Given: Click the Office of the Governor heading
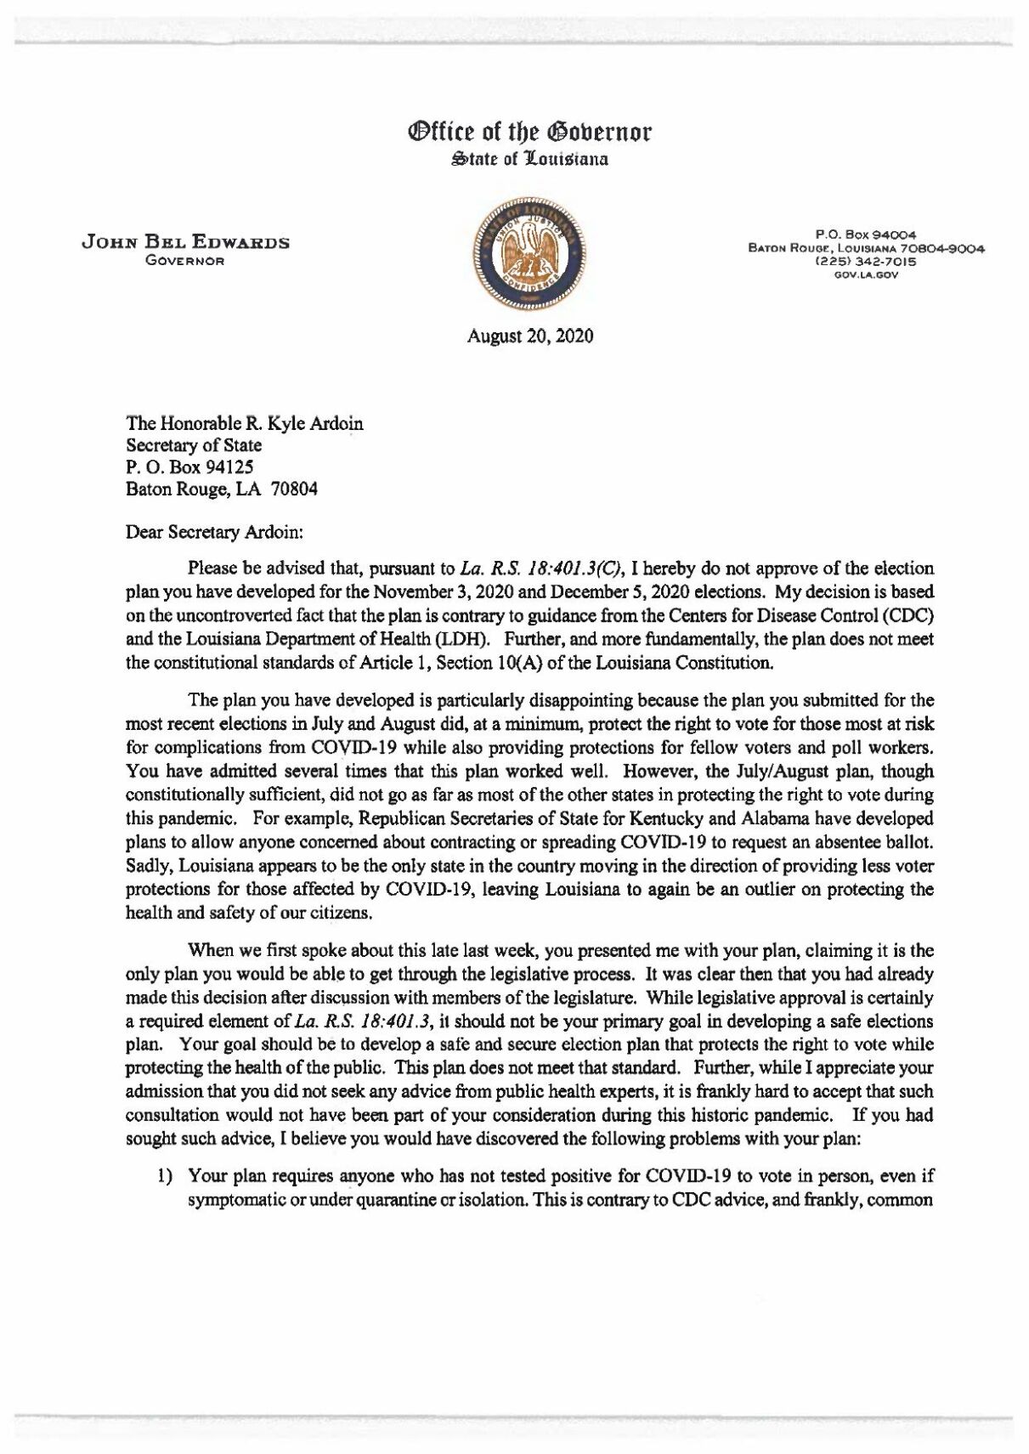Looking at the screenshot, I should (x=530, y=132).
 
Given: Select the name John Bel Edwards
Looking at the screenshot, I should (x=185, y=243).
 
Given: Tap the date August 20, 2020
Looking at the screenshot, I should (x=530, y=336).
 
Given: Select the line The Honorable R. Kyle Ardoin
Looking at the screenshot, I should (x=245, y=423).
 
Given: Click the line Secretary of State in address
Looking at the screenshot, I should (x=194, y=445).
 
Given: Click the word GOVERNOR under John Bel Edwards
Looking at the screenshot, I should (x=184, y=261).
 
